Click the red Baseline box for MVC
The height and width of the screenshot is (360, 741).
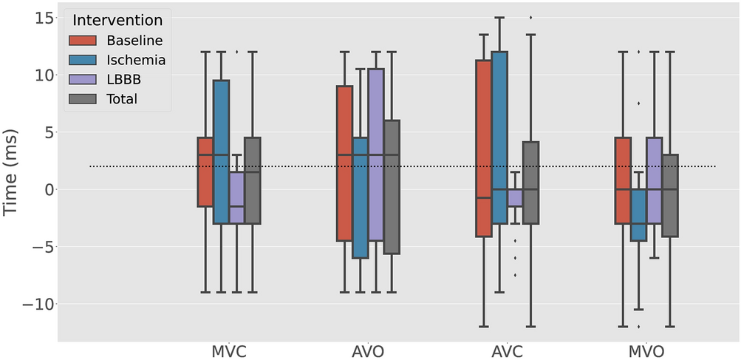tap(205, 171)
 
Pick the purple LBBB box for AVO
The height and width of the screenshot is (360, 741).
tap(376, 154)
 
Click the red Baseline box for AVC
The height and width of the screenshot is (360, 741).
tap(484, 148)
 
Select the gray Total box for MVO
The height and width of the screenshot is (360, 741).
tap(670, 195)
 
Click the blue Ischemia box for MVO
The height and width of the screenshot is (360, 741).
tap(639, 214)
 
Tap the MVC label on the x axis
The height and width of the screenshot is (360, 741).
tap(229, 349)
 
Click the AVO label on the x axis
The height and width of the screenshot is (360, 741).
tap(368, 349)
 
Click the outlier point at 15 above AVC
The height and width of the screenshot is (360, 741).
tap(530, 17)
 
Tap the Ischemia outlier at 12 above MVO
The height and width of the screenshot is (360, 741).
tap(639, 52)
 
